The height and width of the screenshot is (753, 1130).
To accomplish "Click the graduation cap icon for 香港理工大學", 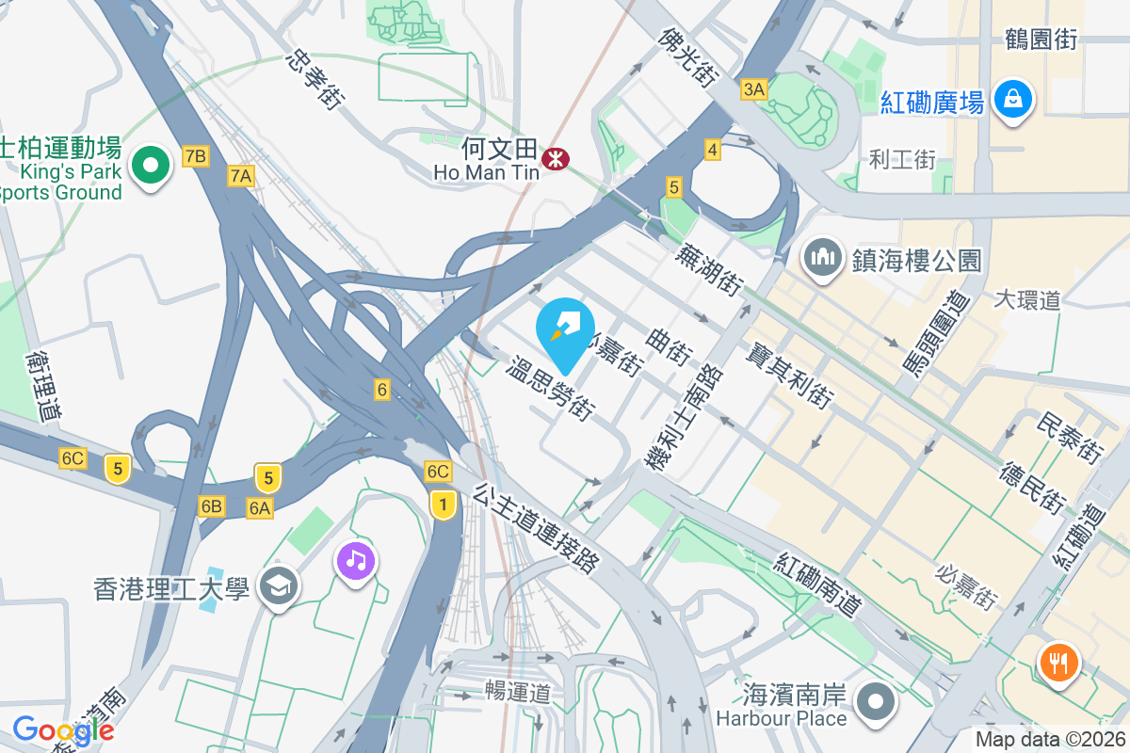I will (x=279, y=587).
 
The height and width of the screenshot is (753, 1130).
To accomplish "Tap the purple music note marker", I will (x=355, y=561).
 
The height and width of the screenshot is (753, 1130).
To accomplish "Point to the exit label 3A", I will (x=754, y=89).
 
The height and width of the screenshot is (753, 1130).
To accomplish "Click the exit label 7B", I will (x=196, y=156).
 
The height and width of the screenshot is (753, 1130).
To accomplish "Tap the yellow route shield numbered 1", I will (x=442, y=505).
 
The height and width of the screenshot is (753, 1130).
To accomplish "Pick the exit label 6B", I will (x=212, y=506).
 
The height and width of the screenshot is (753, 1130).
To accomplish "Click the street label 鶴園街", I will (x=1041, y=39).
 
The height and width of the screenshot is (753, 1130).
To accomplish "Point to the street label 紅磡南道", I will (x=819, y=585).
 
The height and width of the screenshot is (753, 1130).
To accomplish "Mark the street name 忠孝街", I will (x=312, y=79).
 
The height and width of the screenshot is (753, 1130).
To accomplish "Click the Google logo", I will (x=63, y=729).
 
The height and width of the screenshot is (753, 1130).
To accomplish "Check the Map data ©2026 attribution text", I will (x=1049, y=740).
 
